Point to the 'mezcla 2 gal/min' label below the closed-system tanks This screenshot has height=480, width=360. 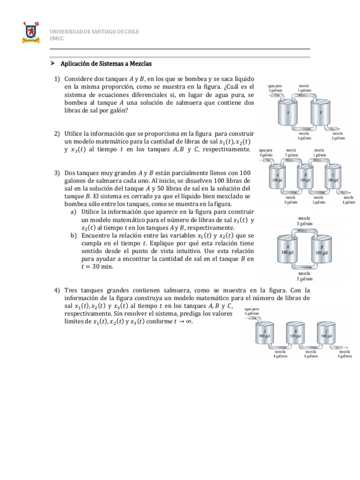306,276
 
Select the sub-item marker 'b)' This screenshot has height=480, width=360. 74,235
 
